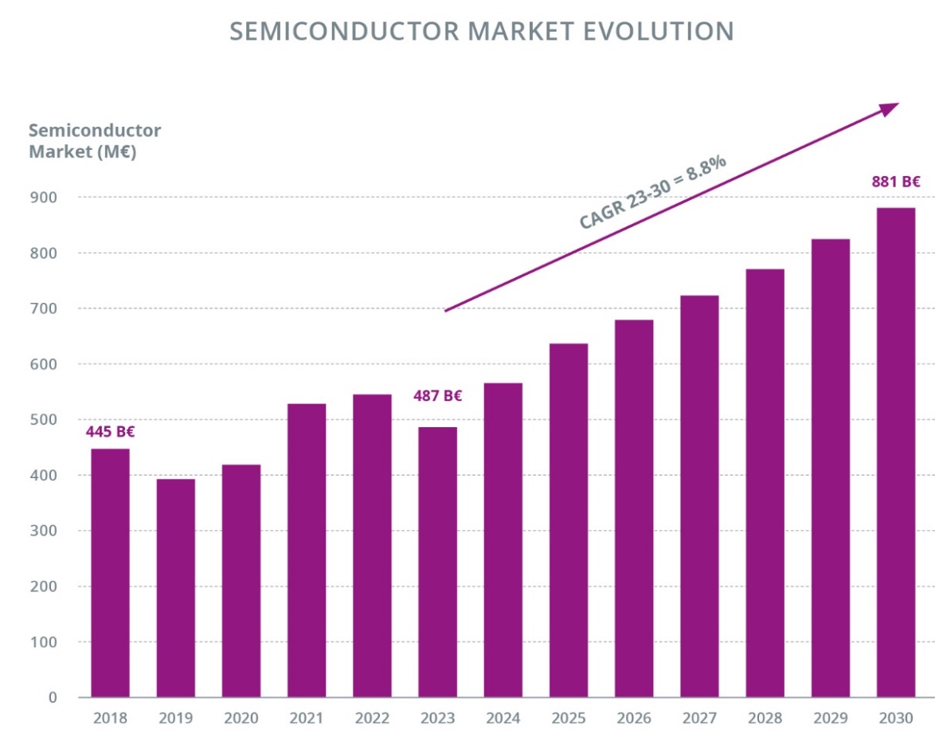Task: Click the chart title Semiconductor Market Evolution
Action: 481,31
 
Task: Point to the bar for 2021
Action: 307,550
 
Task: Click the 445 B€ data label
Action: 110,432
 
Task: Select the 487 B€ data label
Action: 437,395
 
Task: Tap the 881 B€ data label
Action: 896,182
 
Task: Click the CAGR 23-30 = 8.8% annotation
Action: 652,193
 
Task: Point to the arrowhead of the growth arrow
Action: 890,108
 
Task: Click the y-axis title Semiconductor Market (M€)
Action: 94,141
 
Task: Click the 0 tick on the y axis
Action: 53,697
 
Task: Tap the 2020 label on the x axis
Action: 241,717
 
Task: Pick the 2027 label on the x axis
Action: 699,717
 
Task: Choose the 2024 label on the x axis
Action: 503,717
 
